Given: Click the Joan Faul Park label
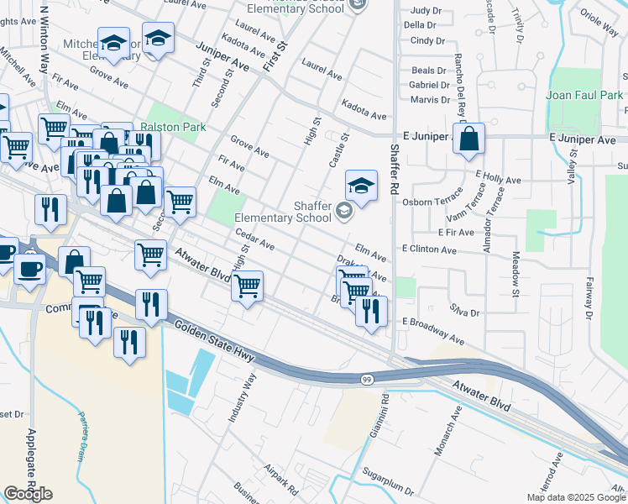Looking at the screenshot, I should (x=584, y=95).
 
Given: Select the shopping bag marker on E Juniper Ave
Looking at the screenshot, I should (x=469, y=140).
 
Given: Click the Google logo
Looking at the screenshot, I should (x=28, y=494).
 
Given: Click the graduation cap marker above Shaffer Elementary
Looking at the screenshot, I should (x=361, y=186).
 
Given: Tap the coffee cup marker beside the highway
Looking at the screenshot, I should (x=30, y=270).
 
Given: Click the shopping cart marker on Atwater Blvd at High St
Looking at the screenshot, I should (x=247, y=286).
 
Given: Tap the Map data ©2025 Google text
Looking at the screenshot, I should (x=576, y=497).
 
